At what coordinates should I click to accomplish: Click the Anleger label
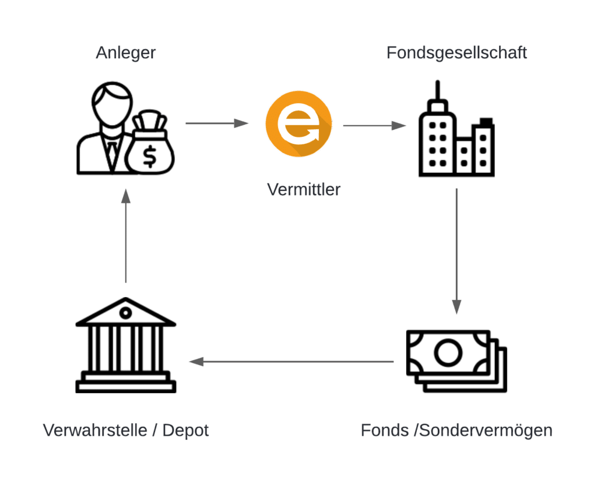coord(126,54)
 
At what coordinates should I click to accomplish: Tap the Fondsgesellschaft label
coord(456,53)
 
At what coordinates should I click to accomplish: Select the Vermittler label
coord(303,189)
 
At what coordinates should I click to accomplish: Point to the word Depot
coord(185,431)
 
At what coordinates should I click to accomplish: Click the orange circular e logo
coord(298,124)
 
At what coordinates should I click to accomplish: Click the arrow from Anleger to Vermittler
coord(216,123)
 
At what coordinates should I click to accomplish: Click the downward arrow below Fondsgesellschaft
coord(456,250)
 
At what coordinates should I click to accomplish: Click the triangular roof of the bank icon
coord(125,313)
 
